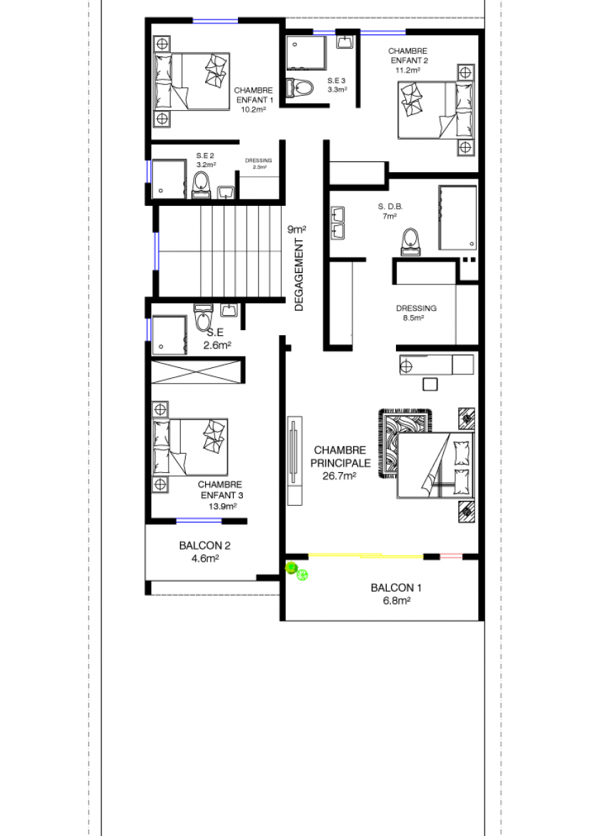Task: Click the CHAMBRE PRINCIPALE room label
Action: (x=340, y=457)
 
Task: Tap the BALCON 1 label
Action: (x=396, y=587)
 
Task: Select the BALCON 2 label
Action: (x=205, y=545)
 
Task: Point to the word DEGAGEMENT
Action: (x=299, y=274)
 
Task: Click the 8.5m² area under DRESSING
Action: (x=413, y=318)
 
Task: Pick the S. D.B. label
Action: (x=390, y=206)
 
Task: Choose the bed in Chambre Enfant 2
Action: (x=435, y=110)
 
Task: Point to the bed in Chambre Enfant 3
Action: (x=190, y=447)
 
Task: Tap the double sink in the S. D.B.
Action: (x=337, y=222)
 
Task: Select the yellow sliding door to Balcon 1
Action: (x=366, y=557)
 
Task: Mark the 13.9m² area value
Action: (x=222, y=507)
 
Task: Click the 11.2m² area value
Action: (x=407, y=70)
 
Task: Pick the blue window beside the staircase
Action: (x=157, y=251)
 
